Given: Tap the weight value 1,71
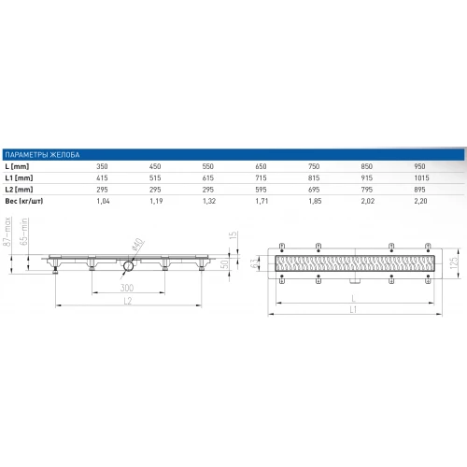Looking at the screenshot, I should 262,201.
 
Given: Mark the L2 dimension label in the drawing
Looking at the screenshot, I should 125,301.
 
